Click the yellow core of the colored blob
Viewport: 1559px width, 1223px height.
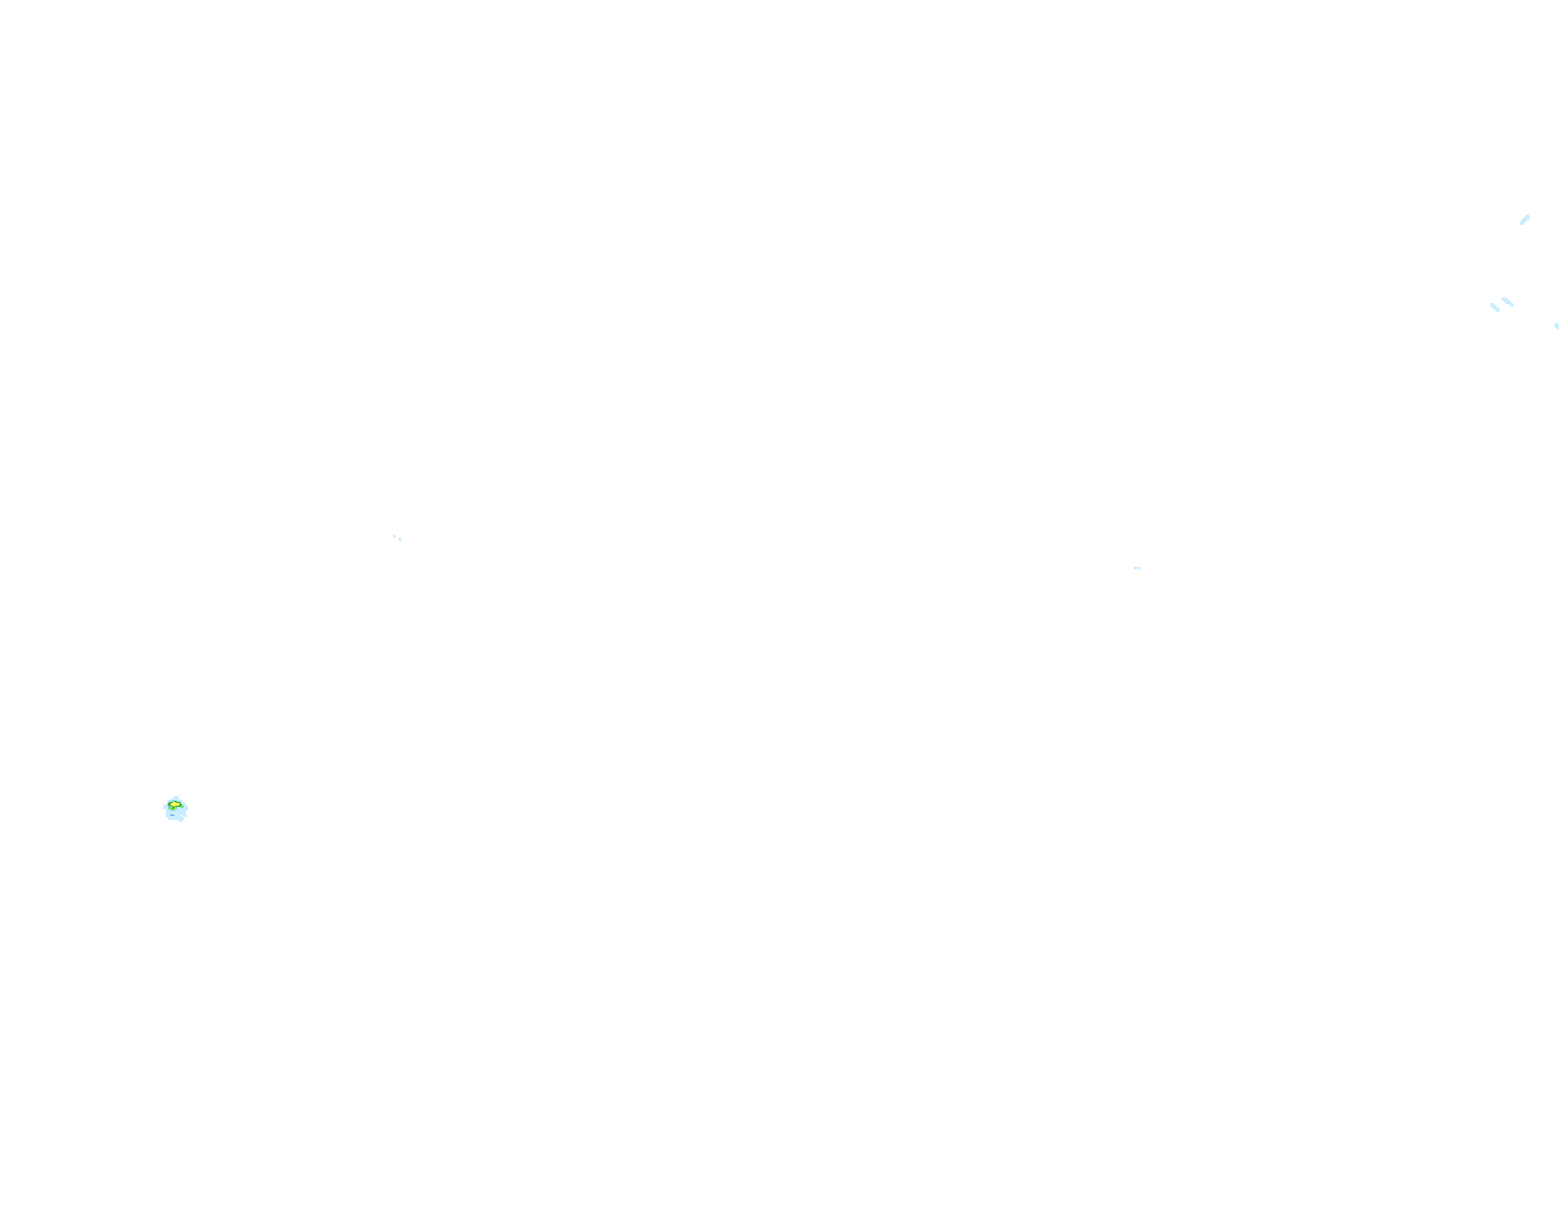(174, 805)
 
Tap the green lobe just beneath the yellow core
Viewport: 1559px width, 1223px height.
(173, 808)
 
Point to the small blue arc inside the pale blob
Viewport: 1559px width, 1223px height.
(172, 815)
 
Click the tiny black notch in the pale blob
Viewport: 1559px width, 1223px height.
(182, 816)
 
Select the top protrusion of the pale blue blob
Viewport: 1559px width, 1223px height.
(176, 797)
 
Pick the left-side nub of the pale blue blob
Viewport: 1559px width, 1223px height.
(164, 806)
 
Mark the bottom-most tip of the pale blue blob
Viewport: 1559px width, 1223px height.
(180, 821)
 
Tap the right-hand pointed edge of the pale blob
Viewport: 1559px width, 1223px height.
(187, 808)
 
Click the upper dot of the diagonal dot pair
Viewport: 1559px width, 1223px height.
(394, 536)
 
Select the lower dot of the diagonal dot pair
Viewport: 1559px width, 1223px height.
(399, 539)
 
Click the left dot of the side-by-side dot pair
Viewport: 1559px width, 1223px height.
(1136, 568)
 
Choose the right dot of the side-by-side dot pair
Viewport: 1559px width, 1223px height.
(1139, 568)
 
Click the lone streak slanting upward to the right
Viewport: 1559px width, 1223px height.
(1525, 220)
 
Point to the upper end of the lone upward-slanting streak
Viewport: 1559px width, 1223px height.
(1528, 216)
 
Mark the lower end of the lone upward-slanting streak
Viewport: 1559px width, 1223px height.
(1520, 224)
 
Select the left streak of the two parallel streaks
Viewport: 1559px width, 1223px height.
(1495, 307)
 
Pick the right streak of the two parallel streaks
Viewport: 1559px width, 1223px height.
(1507, 301)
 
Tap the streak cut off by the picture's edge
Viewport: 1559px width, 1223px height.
(1556, 326)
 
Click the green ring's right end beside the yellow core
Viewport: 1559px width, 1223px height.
(183, 806)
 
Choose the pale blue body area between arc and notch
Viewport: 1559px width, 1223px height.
(177, 815)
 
